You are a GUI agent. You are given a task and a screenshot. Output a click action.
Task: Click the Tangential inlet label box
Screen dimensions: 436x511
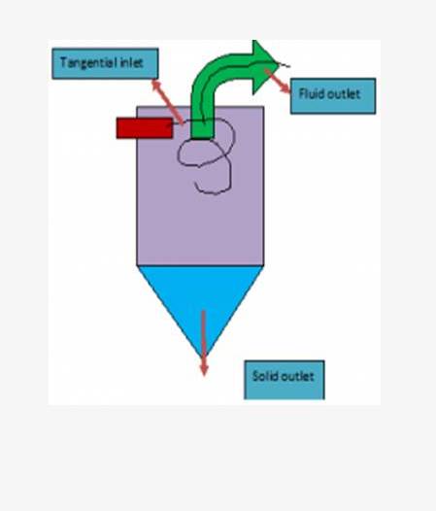[x=105, y=63]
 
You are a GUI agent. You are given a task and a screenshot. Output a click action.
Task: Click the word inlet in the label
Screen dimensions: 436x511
[x=132, y=62]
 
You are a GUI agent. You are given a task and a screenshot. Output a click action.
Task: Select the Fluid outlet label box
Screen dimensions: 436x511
[x=333, y=96]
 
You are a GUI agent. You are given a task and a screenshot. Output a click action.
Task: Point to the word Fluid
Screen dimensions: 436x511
[x=311, y=93]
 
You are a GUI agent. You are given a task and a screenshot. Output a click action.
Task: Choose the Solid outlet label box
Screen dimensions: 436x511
[x=285, y=380]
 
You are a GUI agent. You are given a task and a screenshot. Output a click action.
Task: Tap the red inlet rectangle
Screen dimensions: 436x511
[x=145, y=128]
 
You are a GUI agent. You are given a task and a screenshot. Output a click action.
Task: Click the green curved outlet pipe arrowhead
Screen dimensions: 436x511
[x=264, y=67]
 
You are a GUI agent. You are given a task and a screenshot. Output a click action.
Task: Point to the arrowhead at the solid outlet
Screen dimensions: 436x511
[x=204, y=368]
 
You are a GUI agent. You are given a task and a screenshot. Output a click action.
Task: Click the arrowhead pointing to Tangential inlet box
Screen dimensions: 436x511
[x=156, y=85]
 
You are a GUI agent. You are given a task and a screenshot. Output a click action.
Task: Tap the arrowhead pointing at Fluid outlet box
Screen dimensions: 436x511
[x=285, y=88]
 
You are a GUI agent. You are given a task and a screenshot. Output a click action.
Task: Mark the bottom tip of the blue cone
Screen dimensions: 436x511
[x=204, y=357]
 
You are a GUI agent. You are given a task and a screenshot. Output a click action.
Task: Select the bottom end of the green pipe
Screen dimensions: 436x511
[x=202, y=138]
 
